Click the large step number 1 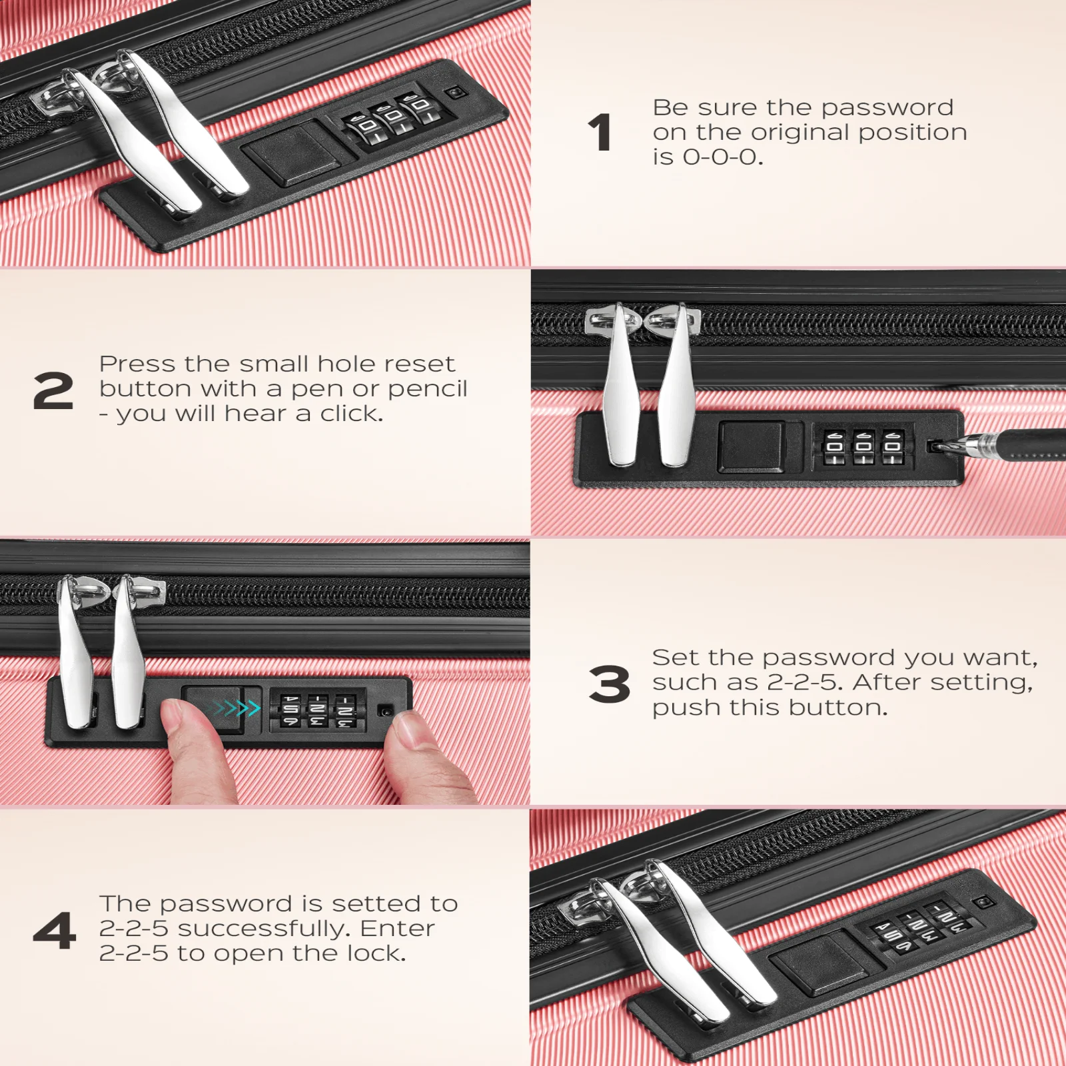600,132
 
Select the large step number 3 609,684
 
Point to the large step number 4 54,931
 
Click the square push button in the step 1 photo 291,153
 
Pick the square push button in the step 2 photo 751,446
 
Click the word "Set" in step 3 671,658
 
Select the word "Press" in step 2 137,364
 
